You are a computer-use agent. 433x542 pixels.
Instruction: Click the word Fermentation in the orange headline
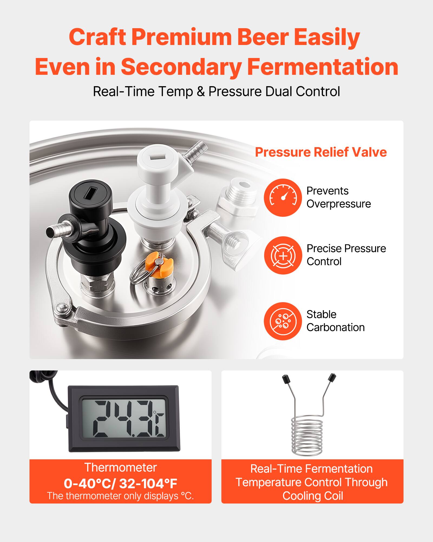click(322, 67)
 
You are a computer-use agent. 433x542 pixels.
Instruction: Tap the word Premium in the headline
click(182, 37)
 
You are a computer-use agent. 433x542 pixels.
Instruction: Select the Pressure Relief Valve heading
click(321, 152)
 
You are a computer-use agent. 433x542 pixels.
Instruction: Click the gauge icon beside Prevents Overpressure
click(283, 198)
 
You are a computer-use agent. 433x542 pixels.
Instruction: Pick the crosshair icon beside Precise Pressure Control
click(283, 255)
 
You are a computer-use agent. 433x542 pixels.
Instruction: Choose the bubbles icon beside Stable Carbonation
click(283, 321)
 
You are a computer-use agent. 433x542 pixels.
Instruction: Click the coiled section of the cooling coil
click(307, 436)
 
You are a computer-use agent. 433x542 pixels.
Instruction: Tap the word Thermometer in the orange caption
click(120, 468)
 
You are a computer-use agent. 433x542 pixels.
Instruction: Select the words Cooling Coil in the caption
click(313, 496)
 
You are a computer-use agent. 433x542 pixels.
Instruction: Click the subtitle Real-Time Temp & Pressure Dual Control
click(216, 92)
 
